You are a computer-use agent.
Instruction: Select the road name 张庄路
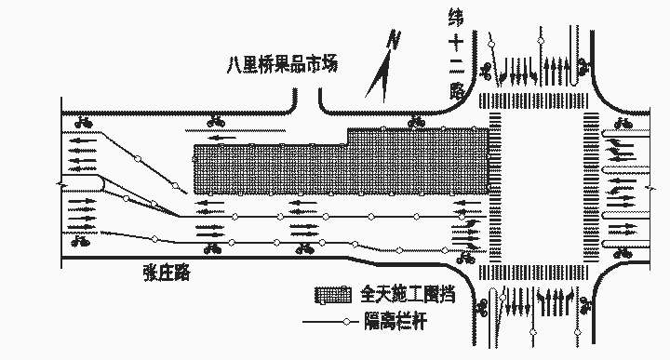[x=167, y=272]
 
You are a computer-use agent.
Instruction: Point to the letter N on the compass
[x=395, y=40]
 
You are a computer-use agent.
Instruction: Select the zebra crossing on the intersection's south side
[x=537, y=273]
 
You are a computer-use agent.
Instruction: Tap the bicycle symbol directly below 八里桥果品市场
[x=217, y=120]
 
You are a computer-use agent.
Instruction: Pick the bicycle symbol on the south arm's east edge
[x=585, y=305]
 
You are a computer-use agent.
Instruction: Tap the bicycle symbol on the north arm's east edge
[x=583, y=67]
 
